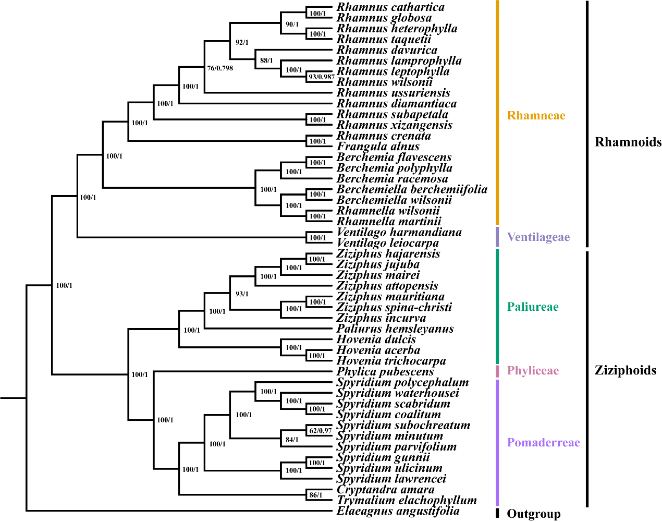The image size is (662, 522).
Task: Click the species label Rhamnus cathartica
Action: pyautogui.click(x=390, y=7)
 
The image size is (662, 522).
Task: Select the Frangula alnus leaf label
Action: pyautogui.click(x=378, y=147)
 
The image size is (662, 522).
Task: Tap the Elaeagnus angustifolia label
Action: pyautogui.click(x=398, y=511)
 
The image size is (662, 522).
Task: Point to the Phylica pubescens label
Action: pyautogui.click(x=385, y=371)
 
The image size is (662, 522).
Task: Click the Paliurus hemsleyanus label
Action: pyautogui.click(x=395, y=329)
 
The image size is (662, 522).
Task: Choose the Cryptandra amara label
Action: pyautogui.click(x=385, y=490)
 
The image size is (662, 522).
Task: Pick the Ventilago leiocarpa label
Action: pyautogui.click(x=388, y=243)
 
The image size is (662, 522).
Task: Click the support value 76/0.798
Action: pyautogui.click(x=220, y=68)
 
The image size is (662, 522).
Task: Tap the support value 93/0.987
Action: pyautogui.click(x=321, y=77)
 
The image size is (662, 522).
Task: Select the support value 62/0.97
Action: pyautogui.click(x=320, y=431)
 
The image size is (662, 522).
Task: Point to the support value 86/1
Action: pyautogui.click(x=316, y=495)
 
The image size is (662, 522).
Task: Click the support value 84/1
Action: pyautogui.click(x=292, y=440)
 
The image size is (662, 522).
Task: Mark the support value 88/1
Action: pyautogui.click(x=266, y=60)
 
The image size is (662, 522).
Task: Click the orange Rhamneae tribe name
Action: pyautogui.click(x=536, y=116)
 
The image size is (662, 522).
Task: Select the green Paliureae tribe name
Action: pyautogui.click(x=532, y=307)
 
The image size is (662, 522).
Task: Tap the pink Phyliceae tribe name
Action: pyautogui.click(x=533, y=371)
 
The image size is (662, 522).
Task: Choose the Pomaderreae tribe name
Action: pyautogui.click(x=543, y=443)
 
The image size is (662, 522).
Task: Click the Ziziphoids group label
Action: pyautogui.click(x=625, y=370)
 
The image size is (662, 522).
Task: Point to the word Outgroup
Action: pyautogui.click(x=534, y=514)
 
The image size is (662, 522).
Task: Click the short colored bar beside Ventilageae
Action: pyautogui.click(x=497, y=237)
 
